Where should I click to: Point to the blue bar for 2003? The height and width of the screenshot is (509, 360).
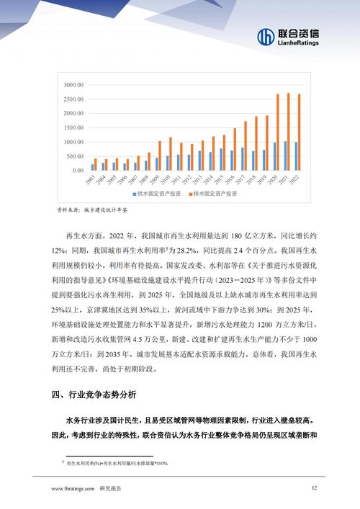click(x=92, y=167)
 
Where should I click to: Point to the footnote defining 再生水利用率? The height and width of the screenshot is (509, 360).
click(x=115, y=463)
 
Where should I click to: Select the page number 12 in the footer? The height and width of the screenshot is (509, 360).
click(x=314, y=488)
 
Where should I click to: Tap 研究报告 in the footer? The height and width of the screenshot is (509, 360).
click(x=110, y=489)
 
